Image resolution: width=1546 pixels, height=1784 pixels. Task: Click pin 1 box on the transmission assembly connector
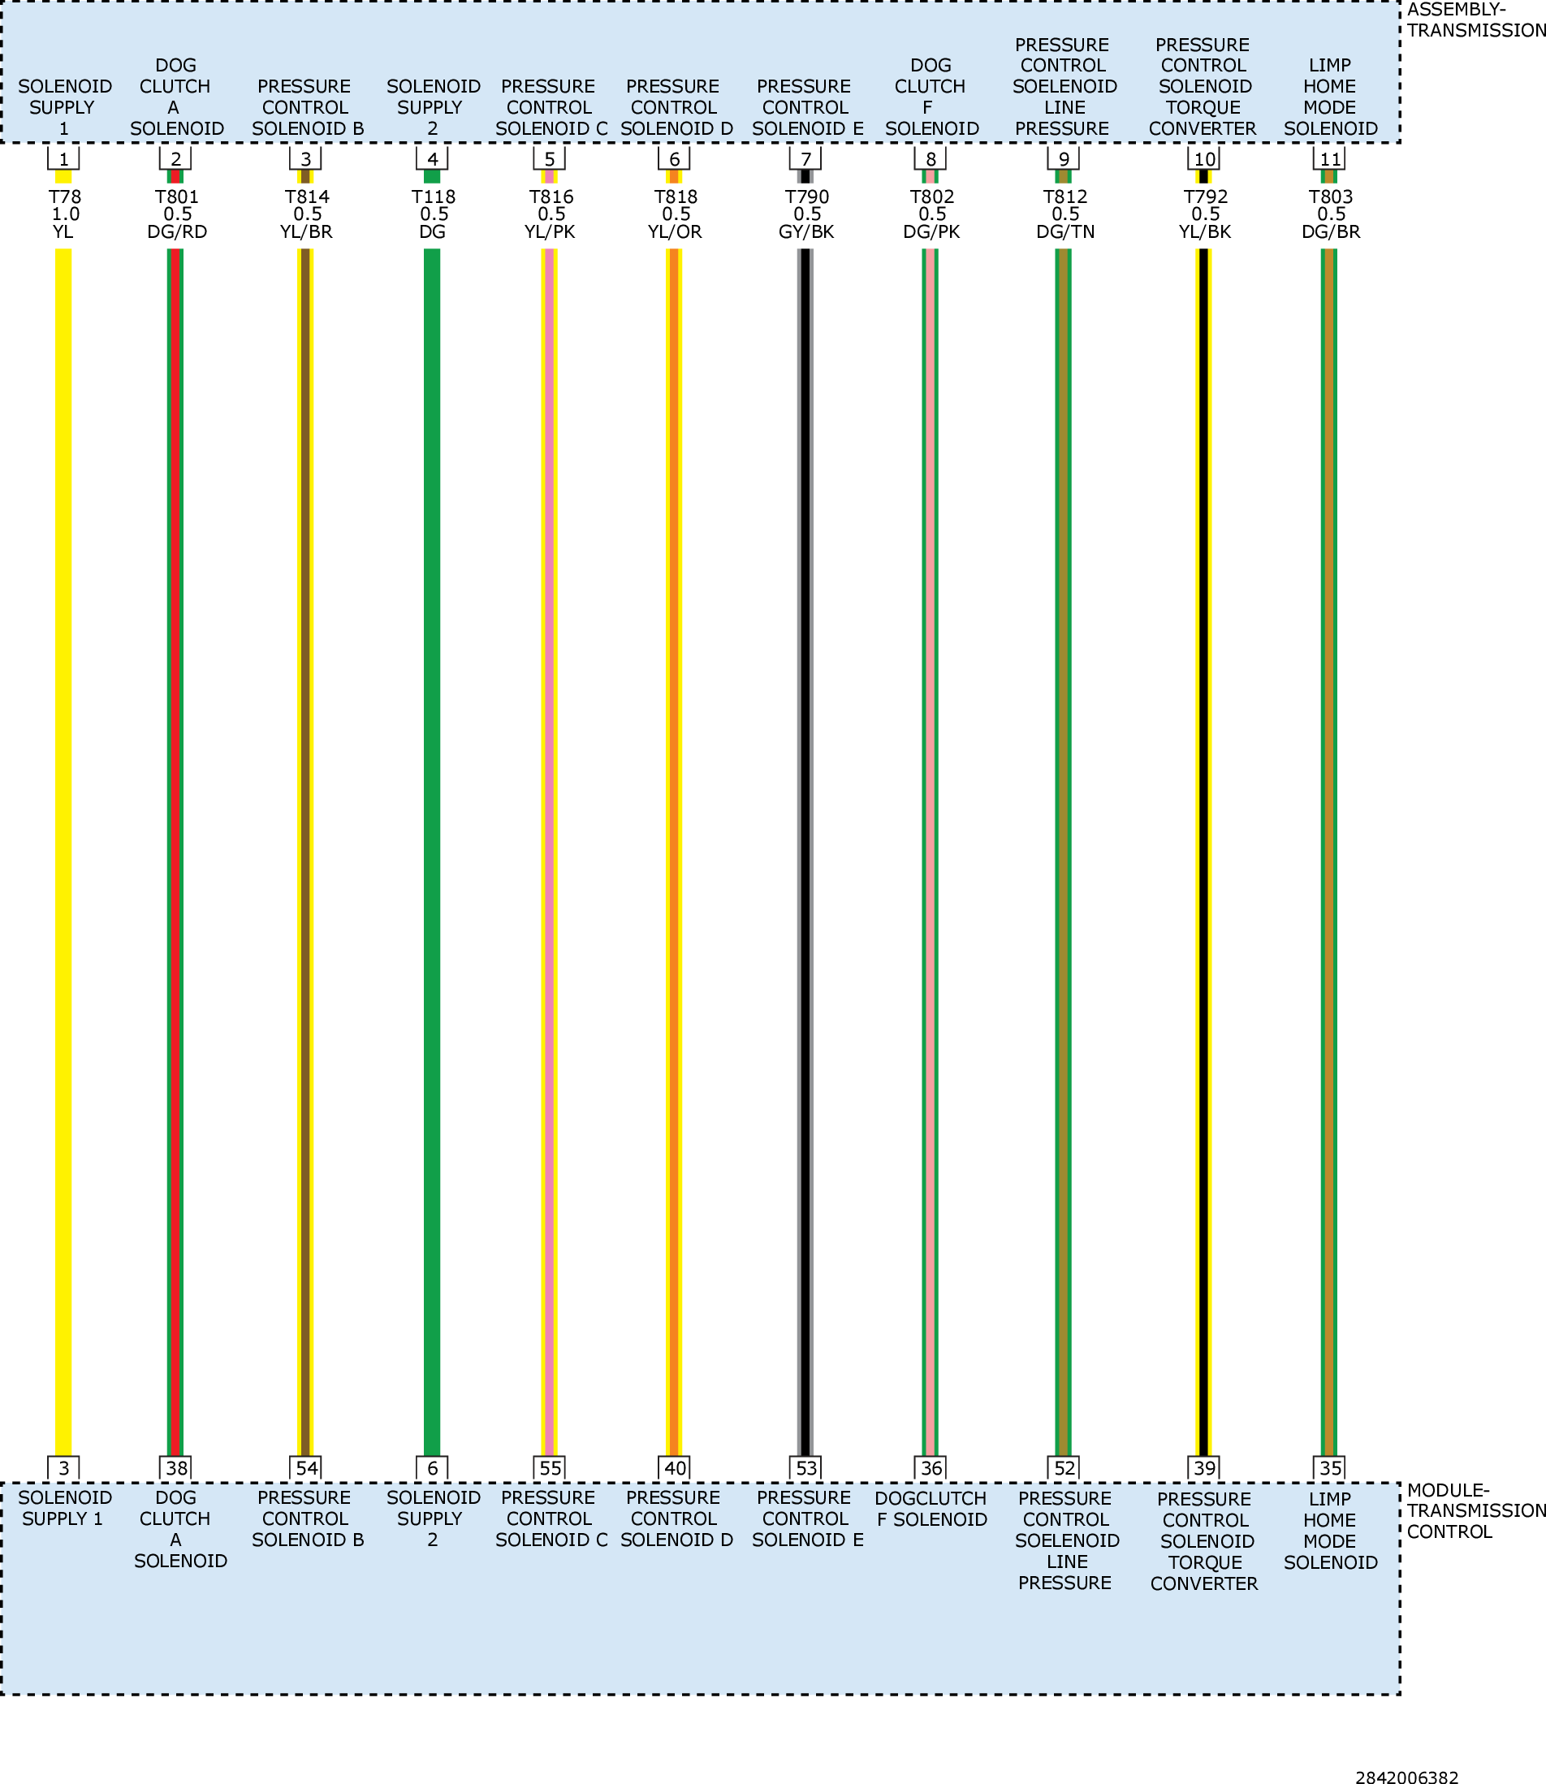pos(63,158)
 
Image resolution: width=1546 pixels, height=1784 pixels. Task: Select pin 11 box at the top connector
pos(1329,158)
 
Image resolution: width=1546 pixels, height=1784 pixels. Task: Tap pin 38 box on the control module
pos(176,1467)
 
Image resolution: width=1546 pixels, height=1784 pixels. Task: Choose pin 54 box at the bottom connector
pos(306,1467)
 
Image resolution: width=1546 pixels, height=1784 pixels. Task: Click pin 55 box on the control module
pos(550,1467)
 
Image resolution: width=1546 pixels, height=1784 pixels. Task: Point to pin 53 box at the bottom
pos(805,1467)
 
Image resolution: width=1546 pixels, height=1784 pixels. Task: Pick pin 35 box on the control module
pos(1329,1467)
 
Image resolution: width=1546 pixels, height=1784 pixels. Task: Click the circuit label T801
pos(176,197)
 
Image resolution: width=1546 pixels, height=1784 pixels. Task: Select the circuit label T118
pos(433,197)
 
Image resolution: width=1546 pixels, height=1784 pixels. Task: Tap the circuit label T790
pos(806,197)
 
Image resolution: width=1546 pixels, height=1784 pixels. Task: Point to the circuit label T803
pos(1330,197)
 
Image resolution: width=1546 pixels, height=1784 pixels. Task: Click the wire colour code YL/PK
pos(550,232)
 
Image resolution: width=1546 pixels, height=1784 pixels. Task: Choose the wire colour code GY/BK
pos(805,232)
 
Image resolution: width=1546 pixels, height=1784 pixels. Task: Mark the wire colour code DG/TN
pos(1064,232)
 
